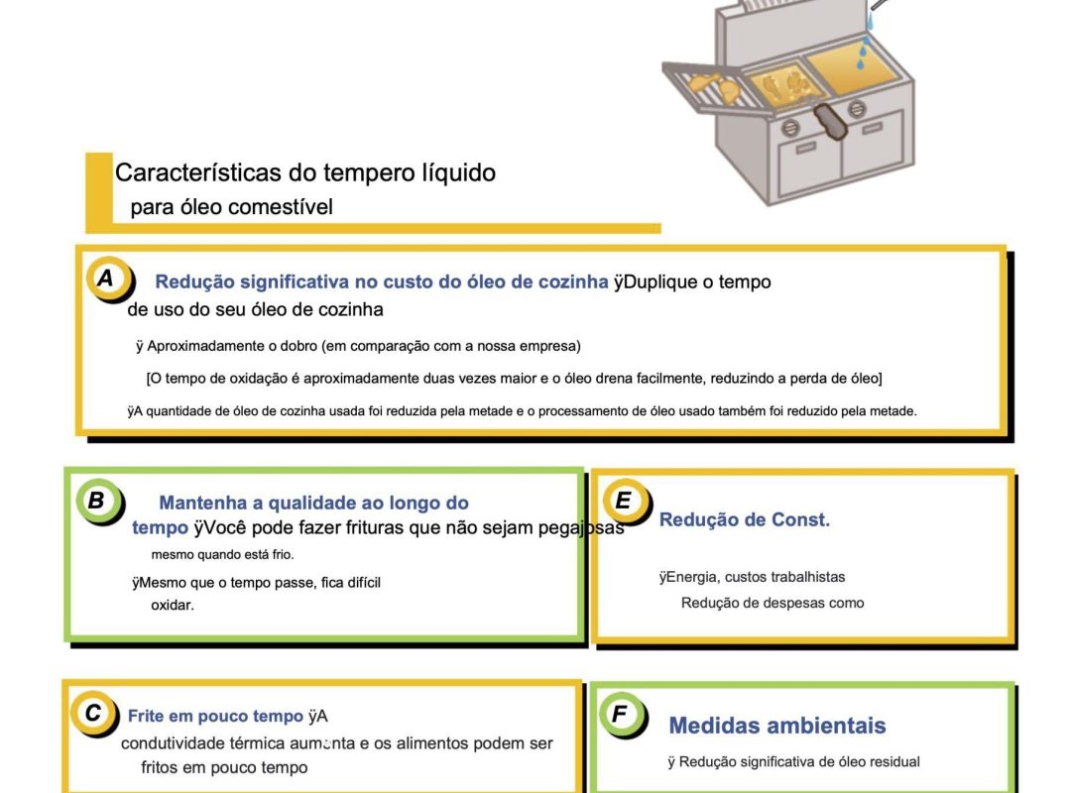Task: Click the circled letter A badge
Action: click(x=106, y=279)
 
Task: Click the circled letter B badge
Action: click(x=97, y=501)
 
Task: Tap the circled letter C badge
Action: click(x=93, y=713)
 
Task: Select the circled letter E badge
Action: click(x=624, y=501)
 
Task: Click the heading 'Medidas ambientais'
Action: click(x=776, y=726)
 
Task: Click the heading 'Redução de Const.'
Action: click(x=744, y=519)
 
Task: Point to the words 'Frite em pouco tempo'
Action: click(x=215, y=717)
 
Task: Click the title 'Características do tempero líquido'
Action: click(x=305, y=172)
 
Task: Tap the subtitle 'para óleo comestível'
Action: click(x=231, y=207)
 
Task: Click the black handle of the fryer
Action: click(x=829, y=124)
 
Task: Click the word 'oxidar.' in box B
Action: click(x=173, y=605)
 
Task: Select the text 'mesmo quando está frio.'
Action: click(x=222, y=554)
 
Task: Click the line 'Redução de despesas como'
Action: click(x=772, y=603)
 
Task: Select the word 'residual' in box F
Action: click(x=892, y=761)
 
